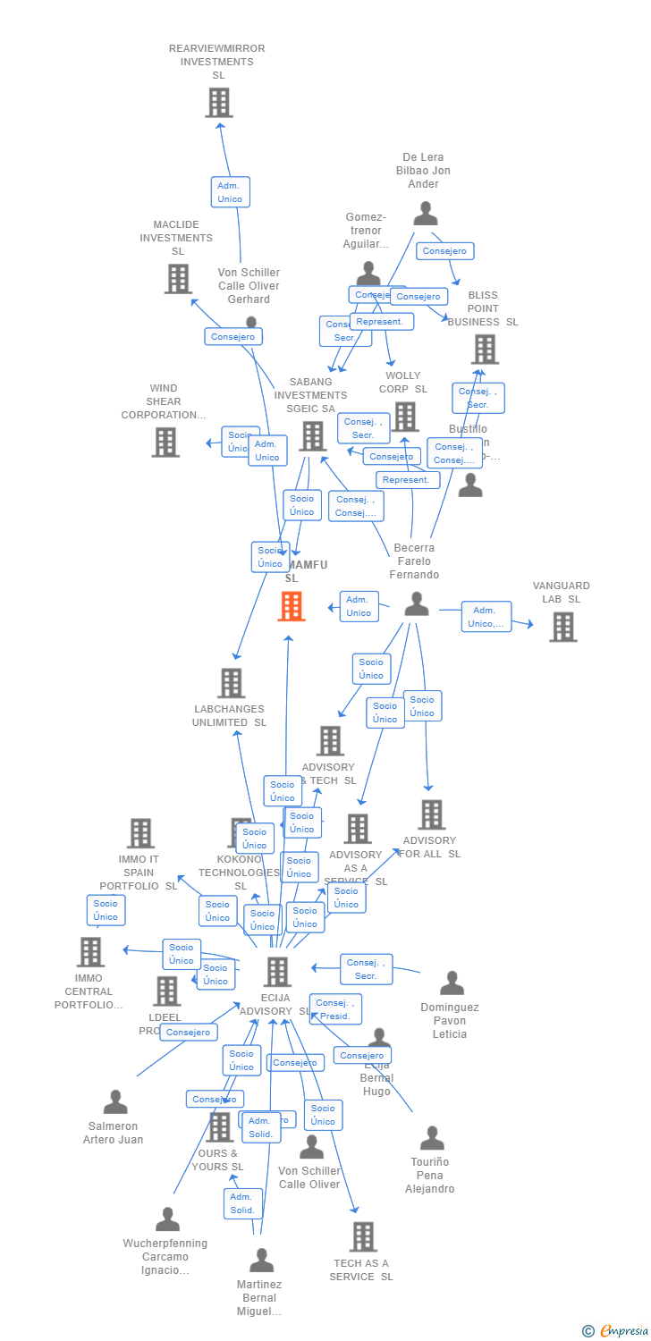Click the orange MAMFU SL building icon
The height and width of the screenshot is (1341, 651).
point(292,606)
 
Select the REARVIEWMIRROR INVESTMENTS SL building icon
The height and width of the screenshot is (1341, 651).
point(219,103)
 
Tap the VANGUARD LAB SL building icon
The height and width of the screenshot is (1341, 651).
point(562,627)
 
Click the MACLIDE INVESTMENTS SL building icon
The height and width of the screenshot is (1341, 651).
point(178,279)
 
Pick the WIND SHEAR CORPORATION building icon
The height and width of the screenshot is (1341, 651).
point(165,442)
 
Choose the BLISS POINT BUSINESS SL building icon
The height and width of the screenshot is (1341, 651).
point(485,349)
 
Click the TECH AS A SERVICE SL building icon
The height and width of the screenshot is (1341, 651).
point(363,1236)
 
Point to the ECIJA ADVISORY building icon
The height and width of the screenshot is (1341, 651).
point(278,972)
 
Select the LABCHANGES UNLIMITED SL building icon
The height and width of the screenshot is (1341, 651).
point(232,683)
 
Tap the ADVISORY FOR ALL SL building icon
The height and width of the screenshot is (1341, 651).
point(432,814)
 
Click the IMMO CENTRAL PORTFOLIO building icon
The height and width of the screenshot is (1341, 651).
point(90,952)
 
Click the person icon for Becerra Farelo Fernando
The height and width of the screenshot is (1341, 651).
point(417,604)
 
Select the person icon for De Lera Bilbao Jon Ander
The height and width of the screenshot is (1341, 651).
point(426,214)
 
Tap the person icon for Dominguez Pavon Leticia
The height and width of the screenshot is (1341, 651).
point(452,983)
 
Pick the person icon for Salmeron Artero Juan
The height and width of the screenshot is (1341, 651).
point(115,1102)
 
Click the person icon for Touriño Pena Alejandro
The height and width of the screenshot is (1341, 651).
point(432,1138)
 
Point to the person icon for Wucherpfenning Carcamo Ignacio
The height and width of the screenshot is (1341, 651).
point(167,1219)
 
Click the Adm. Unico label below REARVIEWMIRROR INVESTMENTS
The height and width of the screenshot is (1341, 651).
point(230,192)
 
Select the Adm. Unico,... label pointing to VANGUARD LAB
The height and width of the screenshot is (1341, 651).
point(486,617)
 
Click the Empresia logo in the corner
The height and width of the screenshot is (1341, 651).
point(616,1331)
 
